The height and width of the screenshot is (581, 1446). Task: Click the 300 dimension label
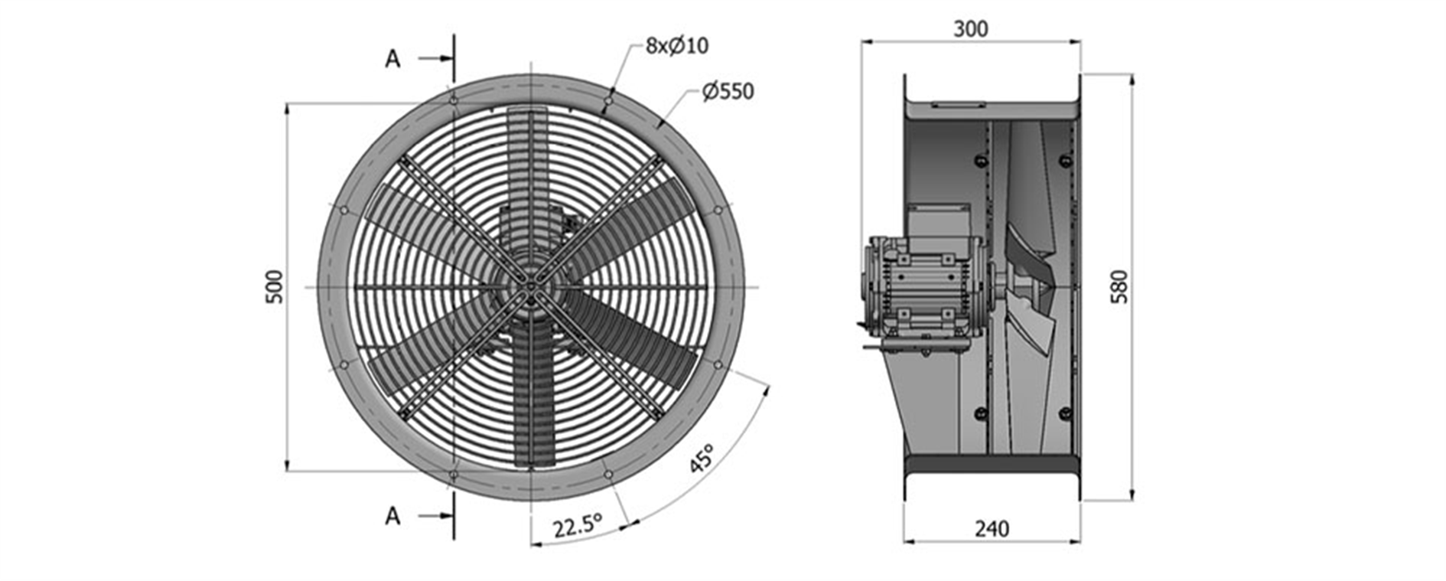pos(970,29)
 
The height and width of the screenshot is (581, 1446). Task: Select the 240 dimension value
pos(992,529)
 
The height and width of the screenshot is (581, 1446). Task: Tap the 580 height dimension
pos(1119,287)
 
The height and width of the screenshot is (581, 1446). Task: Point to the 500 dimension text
pos(274,287)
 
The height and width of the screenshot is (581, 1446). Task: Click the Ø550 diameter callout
pos(728,92)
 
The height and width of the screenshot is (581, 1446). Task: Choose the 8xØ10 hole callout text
pos(677,46)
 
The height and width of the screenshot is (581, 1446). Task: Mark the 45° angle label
pos(701,458)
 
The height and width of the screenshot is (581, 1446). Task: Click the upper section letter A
pos(392,59)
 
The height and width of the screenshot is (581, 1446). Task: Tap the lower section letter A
pos(392,517)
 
